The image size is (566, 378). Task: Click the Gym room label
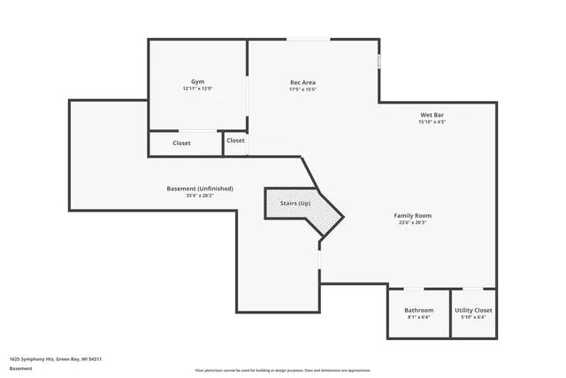[x=198, y=81]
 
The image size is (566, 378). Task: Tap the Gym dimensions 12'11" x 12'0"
[x=198, y=89]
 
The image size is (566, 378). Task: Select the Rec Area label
[x=302, y=82]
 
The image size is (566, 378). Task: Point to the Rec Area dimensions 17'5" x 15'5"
[x=302, y=89]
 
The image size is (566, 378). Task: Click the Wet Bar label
[x=432, y=115]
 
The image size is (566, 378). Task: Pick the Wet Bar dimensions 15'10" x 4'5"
[x=432, y=122]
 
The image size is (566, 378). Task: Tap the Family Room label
[x=412, y=215]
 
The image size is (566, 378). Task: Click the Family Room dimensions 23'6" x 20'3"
[x=412, y=222]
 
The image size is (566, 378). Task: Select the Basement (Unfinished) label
[x=200, y=189]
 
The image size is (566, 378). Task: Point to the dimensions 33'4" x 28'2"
[x=200, y=196]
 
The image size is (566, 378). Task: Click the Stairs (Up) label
[x=295, y=204]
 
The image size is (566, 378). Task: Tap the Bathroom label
[x=418, y=311]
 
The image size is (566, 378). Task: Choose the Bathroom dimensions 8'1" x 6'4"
[x=418, y=318]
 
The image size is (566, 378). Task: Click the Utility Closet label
[x=473, y=311]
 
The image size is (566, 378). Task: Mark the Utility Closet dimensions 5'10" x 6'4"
[x=473, y=318]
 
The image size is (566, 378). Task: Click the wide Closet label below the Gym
[x=181, y=143]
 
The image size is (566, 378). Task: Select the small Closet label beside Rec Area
[x=235, y=141]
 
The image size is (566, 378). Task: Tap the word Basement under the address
[x=20, y=367]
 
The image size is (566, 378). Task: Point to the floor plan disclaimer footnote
[x=282, y=370]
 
